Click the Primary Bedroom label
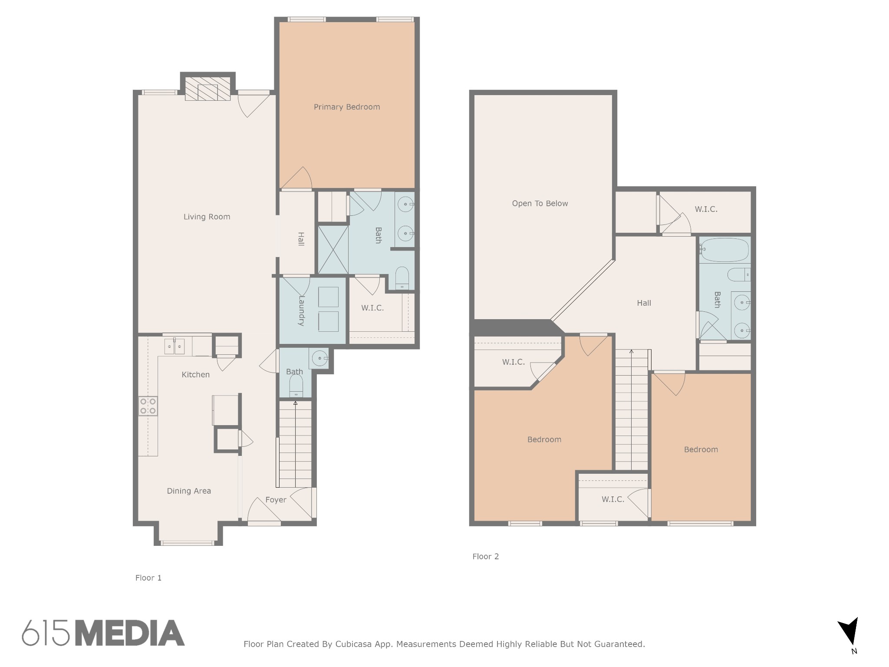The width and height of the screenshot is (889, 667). pos(347,107)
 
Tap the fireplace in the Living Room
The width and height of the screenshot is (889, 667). pos(207,89)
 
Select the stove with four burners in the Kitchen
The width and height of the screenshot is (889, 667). pos(148,406)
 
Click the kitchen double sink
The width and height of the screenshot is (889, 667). pos(175,347)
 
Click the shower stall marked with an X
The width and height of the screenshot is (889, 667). pos(333,249)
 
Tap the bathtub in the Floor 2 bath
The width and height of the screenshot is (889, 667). pos(724,250)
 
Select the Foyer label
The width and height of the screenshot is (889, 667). pos(276,500)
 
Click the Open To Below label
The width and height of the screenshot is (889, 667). pos(540,203)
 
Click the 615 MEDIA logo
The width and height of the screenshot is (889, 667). pos(103,633)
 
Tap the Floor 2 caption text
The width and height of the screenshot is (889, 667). pos(485,556)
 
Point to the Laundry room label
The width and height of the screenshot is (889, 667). pos(301,311)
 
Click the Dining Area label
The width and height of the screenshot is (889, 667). pos(189,491)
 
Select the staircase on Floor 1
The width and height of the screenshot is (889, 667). pos(295,444)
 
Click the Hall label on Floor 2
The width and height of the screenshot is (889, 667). pos(644,303)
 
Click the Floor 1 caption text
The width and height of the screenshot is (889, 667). pos(148,578)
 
